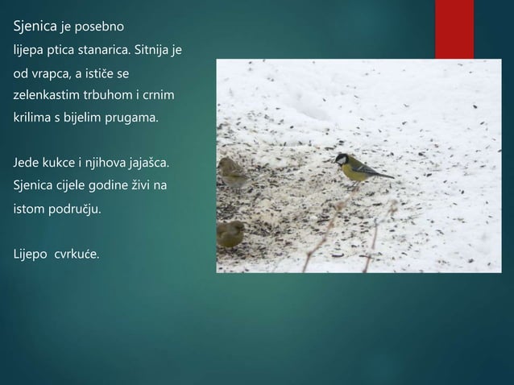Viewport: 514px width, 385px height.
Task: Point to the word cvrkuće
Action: coord(77,255)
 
